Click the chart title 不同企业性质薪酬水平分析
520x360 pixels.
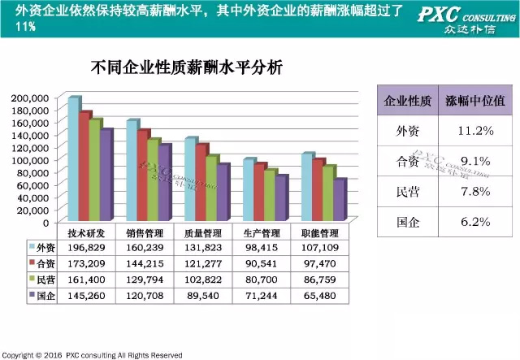coord(187,68)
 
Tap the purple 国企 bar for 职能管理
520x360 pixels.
coord(340,199)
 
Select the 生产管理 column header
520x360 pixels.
coord(262,232)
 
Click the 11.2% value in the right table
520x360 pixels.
coord(476,131)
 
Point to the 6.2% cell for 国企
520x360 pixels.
coord(476,221)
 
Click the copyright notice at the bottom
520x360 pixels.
coord(89,355)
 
